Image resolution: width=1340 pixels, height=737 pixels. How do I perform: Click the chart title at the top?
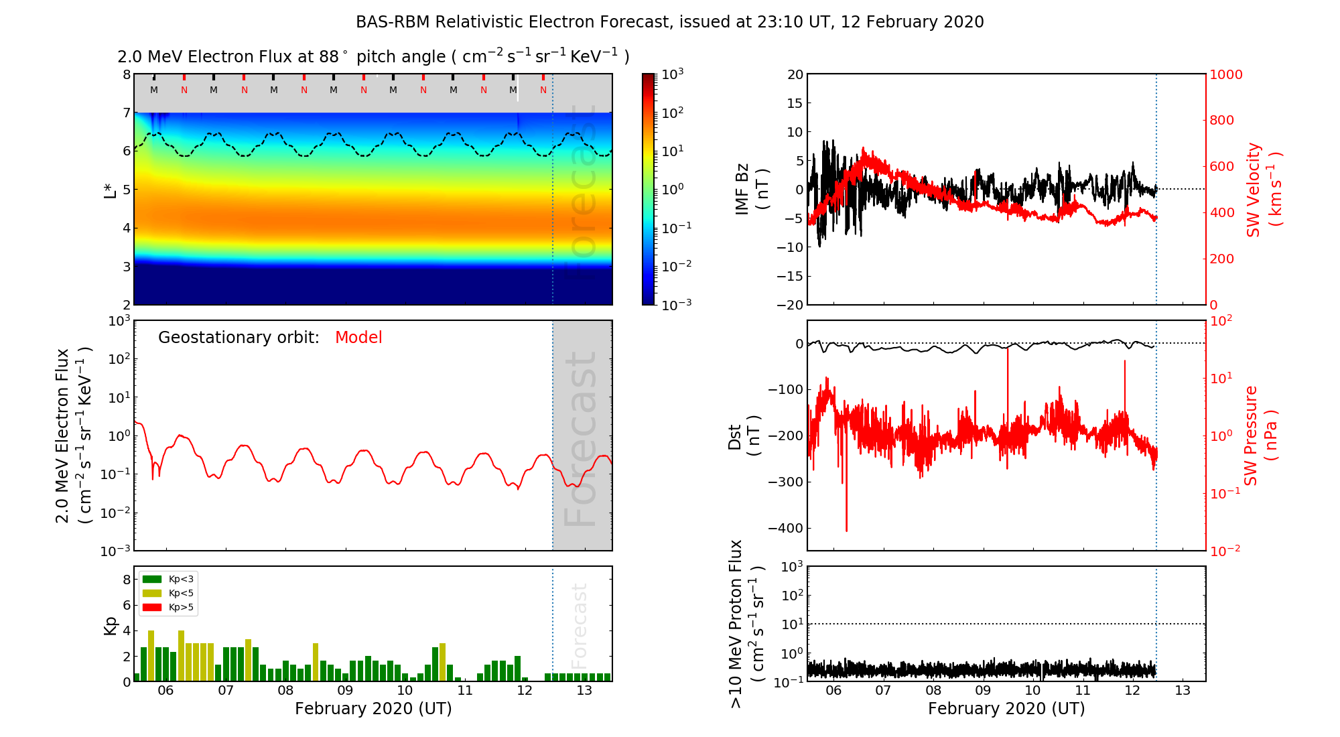pos(669,22)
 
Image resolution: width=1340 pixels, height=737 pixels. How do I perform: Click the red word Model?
pos(358,338)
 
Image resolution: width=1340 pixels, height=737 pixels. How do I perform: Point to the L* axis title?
pos(110,190)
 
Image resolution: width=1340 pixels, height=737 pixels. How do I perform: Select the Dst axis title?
pos(744,436)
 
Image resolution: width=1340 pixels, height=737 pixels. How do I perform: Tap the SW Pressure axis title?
pos(1260,436)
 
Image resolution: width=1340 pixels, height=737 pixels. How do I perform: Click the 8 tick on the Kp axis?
pos(127,580)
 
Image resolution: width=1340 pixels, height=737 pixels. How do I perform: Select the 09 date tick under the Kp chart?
pos(345,691)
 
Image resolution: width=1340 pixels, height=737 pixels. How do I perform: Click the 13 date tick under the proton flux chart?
pos(1183,691)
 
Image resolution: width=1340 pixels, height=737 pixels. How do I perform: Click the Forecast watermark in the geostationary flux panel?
pos(581,439)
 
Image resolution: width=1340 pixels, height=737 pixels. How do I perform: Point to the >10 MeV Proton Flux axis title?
pos(745,624)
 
